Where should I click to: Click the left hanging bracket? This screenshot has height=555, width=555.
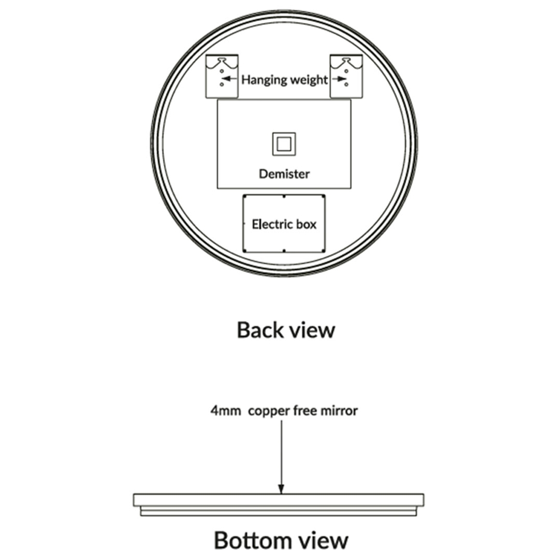(222, 76)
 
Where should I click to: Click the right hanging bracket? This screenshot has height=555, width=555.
(346, 76)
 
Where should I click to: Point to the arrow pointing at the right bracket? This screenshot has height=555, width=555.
(339, 79)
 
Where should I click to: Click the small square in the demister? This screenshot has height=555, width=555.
(284, 144)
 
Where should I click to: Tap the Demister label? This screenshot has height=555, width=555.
(284, 174)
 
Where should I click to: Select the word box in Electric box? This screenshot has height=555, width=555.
(306, 224)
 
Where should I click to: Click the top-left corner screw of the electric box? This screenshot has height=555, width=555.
(244, 196)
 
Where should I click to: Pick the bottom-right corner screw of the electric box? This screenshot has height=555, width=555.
(324, 251)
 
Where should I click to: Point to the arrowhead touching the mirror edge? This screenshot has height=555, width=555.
(282, 489)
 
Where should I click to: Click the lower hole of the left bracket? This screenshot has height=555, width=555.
(222, 84)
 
